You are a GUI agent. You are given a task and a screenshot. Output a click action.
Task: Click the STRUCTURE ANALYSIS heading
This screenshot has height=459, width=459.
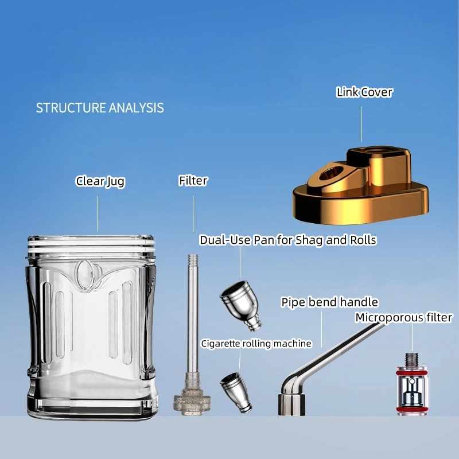point(100,108)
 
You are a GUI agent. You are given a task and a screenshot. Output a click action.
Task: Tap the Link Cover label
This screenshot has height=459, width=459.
point(364,92)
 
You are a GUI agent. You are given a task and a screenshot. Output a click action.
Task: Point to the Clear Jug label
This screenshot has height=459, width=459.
point(100,181)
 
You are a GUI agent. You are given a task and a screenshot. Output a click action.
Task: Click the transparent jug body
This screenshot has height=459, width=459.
point(92,327)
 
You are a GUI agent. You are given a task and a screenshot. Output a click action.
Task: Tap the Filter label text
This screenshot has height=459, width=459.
point(193,181)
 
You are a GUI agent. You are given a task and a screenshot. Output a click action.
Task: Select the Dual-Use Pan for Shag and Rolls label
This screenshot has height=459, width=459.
point(288,240)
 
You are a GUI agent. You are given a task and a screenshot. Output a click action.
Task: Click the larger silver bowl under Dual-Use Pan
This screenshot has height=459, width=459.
point(240,305)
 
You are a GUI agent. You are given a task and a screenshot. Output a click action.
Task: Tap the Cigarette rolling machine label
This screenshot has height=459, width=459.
point(256,343)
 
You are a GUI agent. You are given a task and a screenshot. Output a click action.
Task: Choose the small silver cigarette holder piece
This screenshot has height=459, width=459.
point(236,392)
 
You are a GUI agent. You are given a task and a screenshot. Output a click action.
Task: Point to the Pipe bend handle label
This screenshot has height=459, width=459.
point(329,302)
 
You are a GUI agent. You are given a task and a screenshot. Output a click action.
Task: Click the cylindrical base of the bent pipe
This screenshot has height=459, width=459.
point(291,404)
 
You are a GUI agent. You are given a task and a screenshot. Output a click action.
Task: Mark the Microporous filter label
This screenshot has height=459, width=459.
point(404,318)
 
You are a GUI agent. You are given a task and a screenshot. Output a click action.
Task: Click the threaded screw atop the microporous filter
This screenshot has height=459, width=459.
point(411,360)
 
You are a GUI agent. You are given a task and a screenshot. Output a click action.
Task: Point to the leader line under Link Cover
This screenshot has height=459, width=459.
point(361,124)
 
